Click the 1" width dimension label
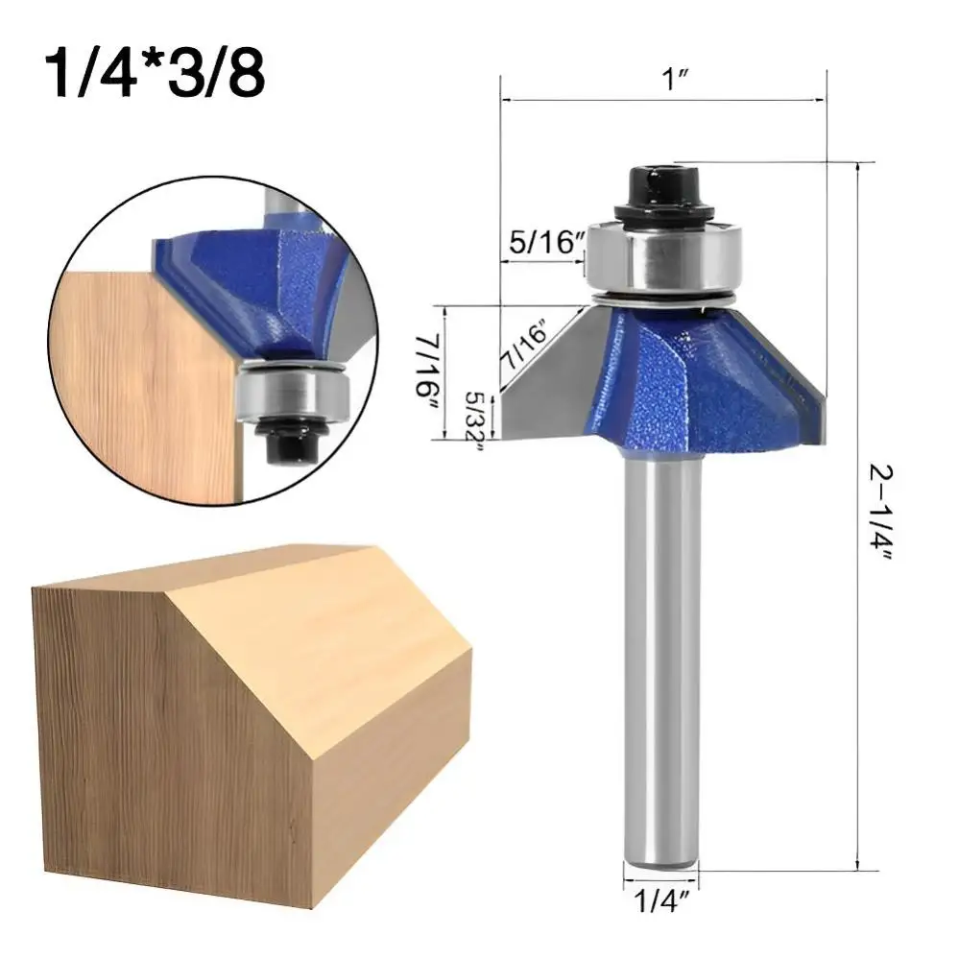675,80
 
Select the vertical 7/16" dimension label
426,372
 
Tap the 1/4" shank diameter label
660,900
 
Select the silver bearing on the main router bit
663,259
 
